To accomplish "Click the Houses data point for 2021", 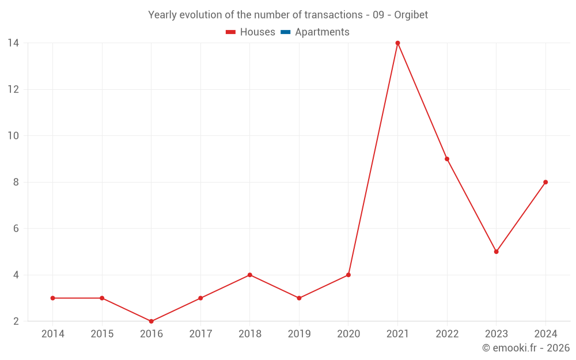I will [x=397, y=43].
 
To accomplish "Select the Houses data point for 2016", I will [x=151, y=321].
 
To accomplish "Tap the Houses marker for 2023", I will [x=496, y=252].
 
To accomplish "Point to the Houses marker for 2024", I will [x=545, y=182].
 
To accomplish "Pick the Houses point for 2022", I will [x=447, y=159].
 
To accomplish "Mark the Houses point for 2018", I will [x=250, y=275].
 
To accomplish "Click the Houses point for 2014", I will [x=53, y=298].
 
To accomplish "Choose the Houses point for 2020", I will [x=348, y=275].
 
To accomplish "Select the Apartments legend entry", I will [x=322, y=32].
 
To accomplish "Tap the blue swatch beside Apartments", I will [x=286, y=32].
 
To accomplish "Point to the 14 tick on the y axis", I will [x=13, y=43].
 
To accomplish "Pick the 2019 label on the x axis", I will [x=299, y=334].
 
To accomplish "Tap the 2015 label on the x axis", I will [x=102, y=334].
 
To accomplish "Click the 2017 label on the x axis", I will [x=200, y=334].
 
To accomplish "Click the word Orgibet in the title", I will [x=411, y=15].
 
